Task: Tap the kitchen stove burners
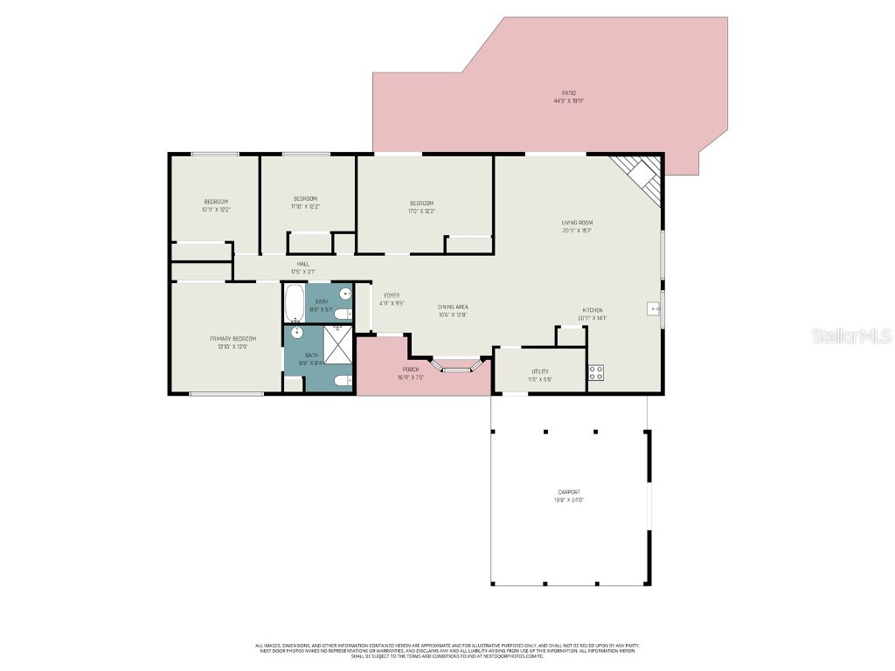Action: pos(596,371)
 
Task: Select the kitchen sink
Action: pos(653,308)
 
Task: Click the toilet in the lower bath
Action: pos(342,380)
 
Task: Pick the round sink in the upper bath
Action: pos(344,294)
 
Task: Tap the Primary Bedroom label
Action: pos(232,339)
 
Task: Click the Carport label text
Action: pos(569,492)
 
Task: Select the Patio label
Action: pos(569,93)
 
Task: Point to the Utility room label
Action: pos(540,372)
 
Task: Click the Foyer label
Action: pos(392,295)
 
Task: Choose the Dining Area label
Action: pos(453,307)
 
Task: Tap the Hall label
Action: pos(302,264)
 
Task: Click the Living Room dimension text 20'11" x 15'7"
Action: pos(578,231)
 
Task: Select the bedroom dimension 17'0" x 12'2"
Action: pos(421,211)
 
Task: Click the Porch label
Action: pos(411,370)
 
